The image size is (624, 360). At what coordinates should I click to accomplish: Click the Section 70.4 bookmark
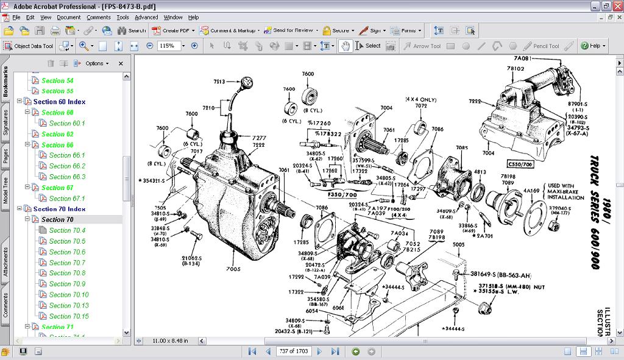pyautogui.click(x=67, y=230)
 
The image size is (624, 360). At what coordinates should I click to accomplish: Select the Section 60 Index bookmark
pyautogui.click(x=59, y=102)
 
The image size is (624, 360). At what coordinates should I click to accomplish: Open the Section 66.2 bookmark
pyautogui.click(x=67, y=166)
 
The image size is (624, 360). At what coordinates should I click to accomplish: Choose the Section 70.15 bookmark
pyautogui.click(x=69, y=316)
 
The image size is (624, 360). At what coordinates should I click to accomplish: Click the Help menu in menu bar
pyautogui.click(x=193, y=17)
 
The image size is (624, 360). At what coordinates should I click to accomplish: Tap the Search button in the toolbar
pyautogui.click(x=132, y=30)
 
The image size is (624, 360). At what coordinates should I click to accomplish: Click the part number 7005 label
pyautogui.click(x=233, y=269)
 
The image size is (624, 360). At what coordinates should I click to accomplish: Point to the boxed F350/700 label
pyautogui.click(x=341, y=194)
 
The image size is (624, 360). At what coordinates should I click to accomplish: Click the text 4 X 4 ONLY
pyautogui.click(x=420, y=99)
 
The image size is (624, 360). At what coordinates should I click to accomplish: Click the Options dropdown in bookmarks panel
pyautogui.click(x=97, y=63)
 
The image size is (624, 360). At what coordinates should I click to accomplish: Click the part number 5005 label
pyautogui.click(x=458, y=245)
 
